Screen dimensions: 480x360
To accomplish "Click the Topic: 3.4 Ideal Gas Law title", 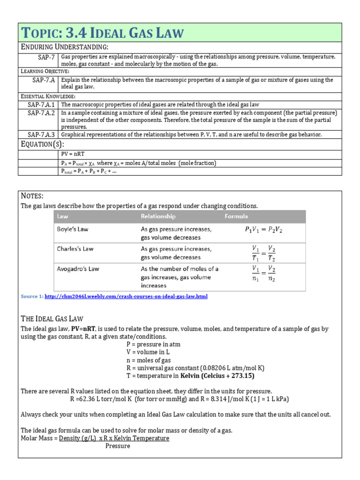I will [103, 33].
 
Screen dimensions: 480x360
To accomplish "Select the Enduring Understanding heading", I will [65, 47].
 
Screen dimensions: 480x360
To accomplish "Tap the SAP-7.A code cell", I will [43, 80].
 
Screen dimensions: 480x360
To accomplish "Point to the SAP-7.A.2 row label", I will [41, 113].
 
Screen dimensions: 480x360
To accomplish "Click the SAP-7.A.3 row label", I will [41, 135].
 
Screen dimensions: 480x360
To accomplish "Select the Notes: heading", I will [32, 195].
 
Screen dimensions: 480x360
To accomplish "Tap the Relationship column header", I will [158, 217].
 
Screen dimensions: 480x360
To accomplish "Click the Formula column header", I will [236, 217].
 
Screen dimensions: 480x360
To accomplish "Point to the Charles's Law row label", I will [75, 249].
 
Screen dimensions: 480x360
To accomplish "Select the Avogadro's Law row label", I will [78, 269].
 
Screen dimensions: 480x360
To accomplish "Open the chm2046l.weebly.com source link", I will [126, 297].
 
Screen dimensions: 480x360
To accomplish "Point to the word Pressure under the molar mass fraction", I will [118, 446].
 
